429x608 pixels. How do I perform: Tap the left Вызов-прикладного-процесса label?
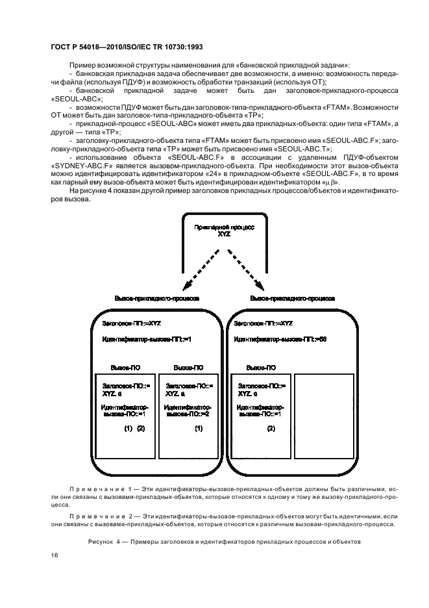[156, 299]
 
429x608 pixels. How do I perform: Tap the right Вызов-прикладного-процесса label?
[292, 299]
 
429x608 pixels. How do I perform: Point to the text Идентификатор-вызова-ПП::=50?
[280, 338]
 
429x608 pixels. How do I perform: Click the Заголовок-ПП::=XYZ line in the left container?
[133, 323]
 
